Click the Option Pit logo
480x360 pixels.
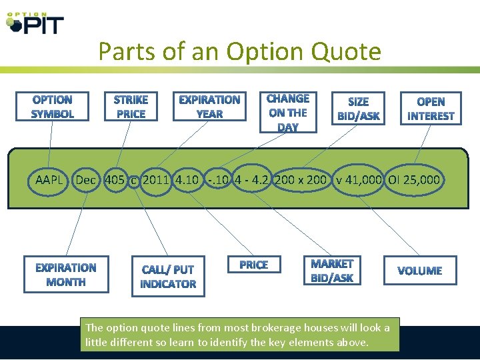tap(35, 23)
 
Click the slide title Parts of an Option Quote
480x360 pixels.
tap(239, 51)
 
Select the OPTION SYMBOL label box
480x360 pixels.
tap(53, 107)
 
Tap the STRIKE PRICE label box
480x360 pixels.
tap(131, 107)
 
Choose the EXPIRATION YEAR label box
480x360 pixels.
tap(209, 107)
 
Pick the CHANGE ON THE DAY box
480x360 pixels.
tap(288, 112)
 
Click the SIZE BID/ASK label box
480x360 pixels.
tap(359, 109)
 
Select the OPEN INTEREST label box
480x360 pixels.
tap(431, 109)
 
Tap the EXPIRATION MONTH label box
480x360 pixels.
tap(65, 275)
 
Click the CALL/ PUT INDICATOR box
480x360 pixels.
tap(168, 277)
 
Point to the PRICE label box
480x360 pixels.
tap(253, 265)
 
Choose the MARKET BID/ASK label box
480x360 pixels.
tap(332, 271)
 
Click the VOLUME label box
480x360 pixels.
tap(419, 271)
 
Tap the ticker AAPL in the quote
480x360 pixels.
tap(49, 179)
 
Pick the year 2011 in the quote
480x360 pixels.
tap(157, 179)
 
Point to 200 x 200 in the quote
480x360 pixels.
tap(301, 179)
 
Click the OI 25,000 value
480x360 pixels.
tap(415, 179)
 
